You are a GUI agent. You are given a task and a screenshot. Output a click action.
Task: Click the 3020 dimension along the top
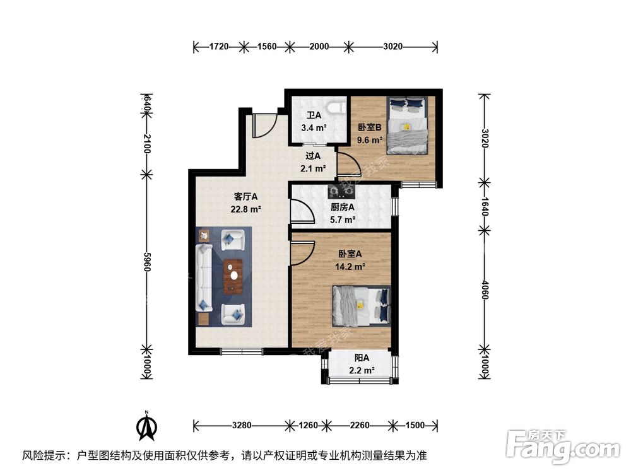[x=392, y=47]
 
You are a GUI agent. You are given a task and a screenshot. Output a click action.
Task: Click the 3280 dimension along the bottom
[x=240, y=425]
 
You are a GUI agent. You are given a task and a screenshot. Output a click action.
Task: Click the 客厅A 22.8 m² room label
[x=246, y=203]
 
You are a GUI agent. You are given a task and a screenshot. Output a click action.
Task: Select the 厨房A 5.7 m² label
[x=343, y=213]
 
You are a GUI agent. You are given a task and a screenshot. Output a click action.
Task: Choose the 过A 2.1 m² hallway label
[x=313, y=161]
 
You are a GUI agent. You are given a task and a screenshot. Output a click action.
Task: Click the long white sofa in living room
[x=205, y=278]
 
